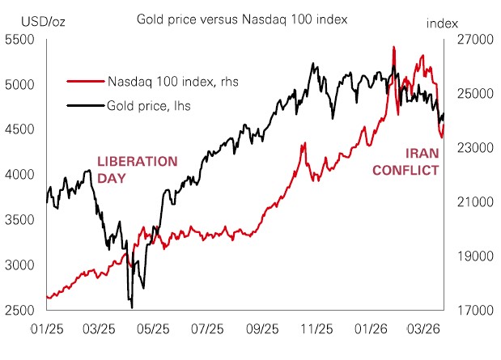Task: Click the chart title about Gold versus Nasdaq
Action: pyautogui.click(x=241, y=18)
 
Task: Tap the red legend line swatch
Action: pyautogui.click(x=85, y=81)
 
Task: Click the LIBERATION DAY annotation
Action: pyautogui.click(x=136, y=169)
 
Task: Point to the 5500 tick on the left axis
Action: pyautogui.click(x=22, y=40)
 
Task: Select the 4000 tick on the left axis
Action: pyautogui.click(x=22, y=175)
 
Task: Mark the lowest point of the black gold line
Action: pyautogui.click(x=131, y=307)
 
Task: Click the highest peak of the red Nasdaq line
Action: pyautogui.click(x=393, y=47)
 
